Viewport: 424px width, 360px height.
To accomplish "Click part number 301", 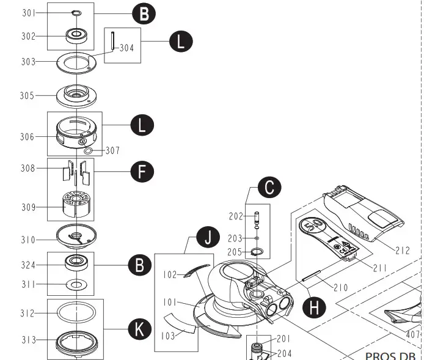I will [x=29, y=13].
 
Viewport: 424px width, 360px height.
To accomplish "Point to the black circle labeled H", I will [x=314, y=306].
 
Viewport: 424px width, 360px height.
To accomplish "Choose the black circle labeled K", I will [x=140, y=329].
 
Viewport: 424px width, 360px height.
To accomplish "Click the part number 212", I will [x=403, y=250].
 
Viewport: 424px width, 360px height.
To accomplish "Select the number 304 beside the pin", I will [x=126, y=48].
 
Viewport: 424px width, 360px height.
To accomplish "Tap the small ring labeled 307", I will [x=88, y=150].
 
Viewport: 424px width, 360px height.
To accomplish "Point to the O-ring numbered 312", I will [x=76, y=312].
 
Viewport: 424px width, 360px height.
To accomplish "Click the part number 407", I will [x=414, y=334].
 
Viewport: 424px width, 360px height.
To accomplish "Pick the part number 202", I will [x=236, y=216].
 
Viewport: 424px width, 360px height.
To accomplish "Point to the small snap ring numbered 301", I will [x=76, y=12].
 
